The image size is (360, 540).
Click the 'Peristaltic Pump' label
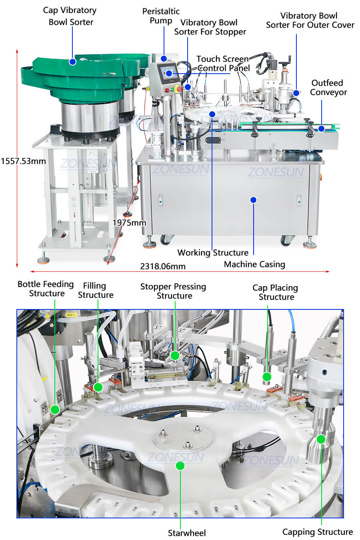tap(161, 16)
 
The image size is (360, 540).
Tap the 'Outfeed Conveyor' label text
tap(328, 87)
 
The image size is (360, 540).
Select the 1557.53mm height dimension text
tap(23, 161)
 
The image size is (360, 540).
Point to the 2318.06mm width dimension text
tap(163, 266)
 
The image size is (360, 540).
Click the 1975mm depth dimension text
tap(129, 223)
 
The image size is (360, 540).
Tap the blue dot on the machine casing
tap(253, 200)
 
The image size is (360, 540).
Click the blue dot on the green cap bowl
tap(72, 62)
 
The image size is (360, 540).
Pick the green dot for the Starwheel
tap(180, 466)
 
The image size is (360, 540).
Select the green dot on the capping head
tap(321, 439)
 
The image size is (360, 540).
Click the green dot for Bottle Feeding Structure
tap(55, 410)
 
